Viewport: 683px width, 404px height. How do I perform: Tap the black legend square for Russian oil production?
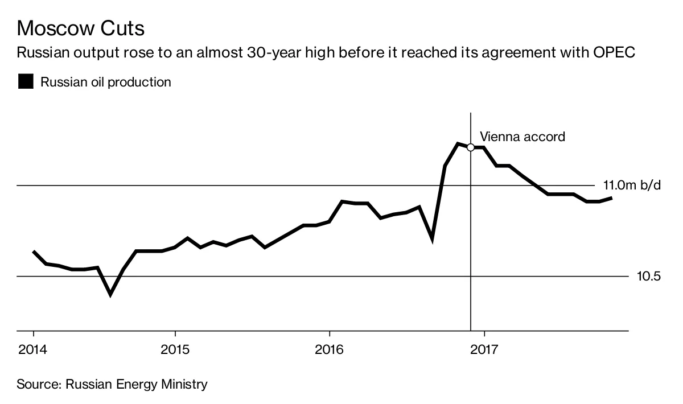26,82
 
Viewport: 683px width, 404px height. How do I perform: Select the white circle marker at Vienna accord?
471,147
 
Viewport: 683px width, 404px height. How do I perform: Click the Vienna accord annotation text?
522,137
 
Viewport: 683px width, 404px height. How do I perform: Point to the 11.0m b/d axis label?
632,185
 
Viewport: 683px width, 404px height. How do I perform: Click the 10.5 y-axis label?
648,277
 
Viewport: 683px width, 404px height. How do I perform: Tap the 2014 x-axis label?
33,348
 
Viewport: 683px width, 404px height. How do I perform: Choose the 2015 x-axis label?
175,348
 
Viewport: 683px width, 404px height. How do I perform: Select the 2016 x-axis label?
330,348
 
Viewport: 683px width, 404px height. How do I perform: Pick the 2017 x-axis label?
484,348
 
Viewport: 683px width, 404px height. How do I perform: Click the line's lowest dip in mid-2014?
110,294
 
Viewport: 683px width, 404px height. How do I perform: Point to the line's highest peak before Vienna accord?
458,143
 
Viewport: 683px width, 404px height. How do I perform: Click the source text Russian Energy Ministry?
137,384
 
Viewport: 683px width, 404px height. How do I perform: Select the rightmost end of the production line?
595,198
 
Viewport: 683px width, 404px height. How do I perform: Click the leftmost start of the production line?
34,252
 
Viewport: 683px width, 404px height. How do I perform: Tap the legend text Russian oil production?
106,82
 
